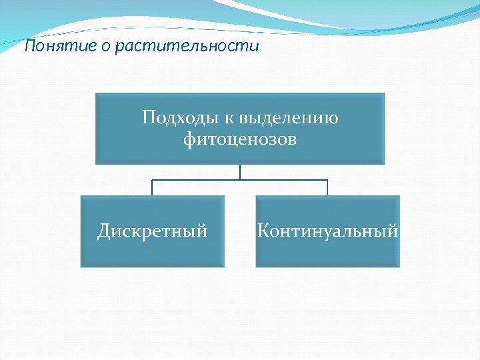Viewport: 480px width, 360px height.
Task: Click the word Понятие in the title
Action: pyautogui.click(x=59, y=47)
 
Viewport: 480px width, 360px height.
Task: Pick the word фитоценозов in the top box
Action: pyautogui.click(x=240, y=140)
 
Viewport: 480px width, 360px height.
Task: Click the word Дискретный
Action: pyautogui.click(x=153, y=231)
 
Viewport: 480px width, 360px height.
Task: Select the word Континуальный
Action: pyautogui.click(x=327, y=231)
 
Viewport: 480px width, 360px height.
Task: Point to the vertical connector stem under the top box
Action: pyautogui.click(x=240, y=172)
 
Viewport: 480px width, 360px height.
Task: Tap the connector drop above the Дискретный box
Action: pyautogui.click(x=153, y=187)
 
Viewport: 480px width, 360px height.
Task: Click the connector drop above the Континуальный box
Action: pyautogui.click(x=327, y=187)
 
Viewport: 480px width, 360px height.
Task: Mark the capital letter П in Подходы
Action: pyautogui.click(x=149, y=118)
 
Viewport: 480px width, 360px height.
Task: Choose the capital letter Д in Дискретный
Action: pyautogui.click(x=105, y=231)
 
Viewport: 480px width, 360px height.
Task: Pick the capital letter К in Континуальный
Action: pyautogui.click(x=263, y=231)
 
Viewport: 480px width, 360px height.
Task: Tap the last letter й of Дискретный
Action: pyautogui.click(x=203, y=231)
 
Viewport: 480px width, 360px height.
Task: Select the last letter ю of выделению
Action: pyautogui.click(x=331, y=119)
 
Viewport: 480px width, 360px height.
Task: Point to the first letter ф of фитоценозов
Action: pyautogui.click(x=189, y=140)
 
